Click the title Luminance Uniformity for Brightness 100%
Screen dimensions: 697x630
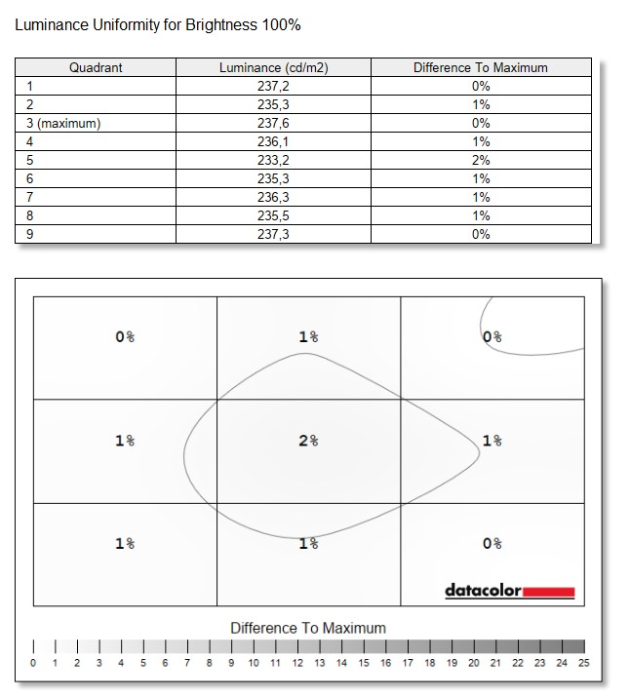point(158,23)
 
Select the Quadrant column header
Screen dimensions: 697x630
point(96,67)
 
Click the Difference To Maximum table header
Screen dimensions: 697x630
point(480,67)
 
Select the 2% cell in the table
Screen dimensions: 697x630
point(480,160)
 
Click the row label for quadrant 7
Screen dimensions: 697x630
point(30,197)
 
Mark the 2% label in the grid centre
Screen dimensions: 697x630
point(308,441)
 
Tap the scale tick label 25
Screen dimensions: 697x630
point(583,664)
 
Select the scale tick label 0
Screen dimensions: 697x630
point(33,664)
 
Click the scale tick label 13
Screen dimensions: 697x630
point(319,664)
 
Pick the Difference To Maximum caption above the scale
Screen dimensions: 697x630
point(308,628)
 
